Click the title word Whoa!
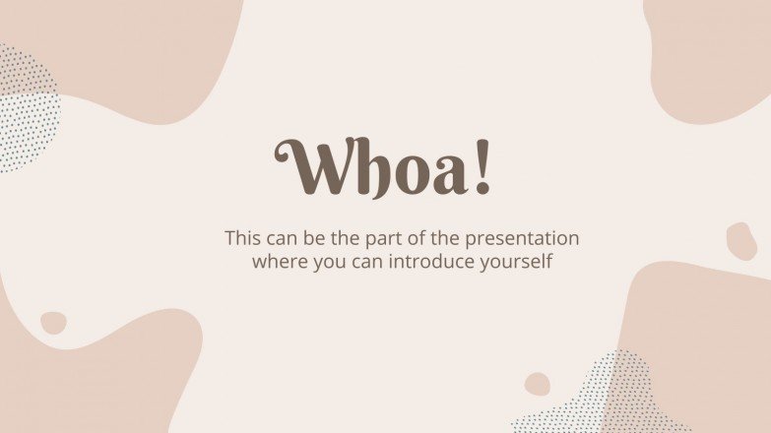tap(384, 168)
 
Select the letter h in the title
tap(366, 168)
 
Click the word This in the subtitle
tap(243, 238)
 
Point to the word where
tap(278, 263)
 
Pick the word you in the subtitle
tap(325, 264)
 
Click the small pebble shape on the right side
tap(741, 241)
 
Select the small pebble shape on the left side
tap(53, 323)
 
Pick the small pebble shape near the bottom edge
tap(538, 384)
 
